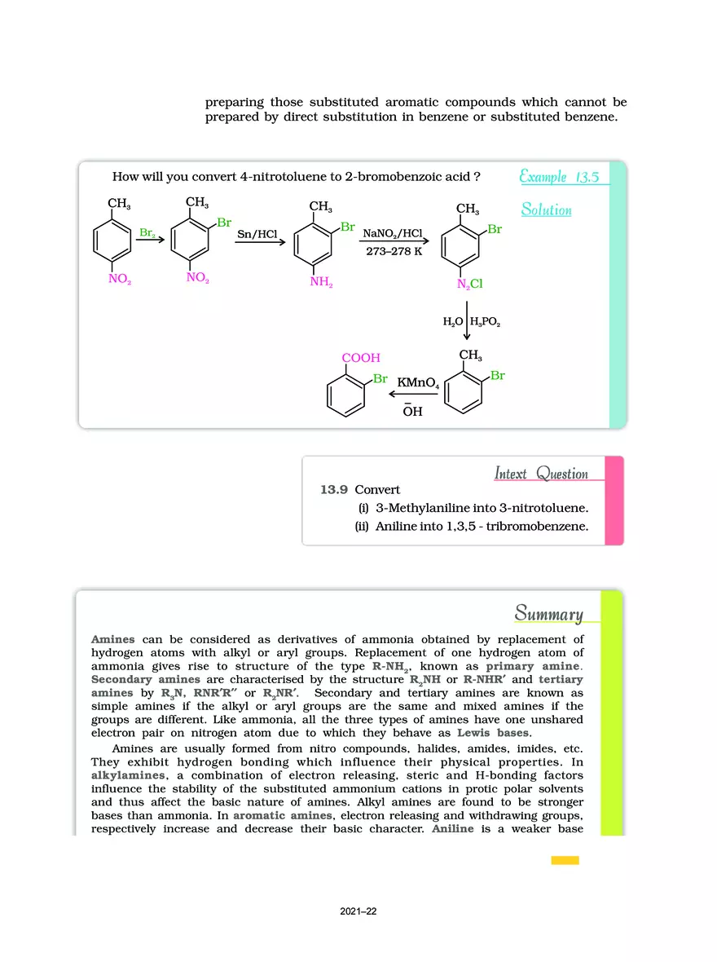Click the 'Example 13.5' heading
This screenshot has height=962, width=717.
(562, 177)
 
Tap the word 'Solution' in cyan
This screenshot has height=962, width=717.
(546, 210)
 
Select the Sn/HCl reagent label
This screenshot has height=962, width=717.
(257, 234)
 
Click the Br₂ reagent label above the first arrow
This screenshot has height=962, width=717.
(147, 233)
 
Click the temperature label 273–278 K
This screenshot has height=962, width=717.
(394, 251)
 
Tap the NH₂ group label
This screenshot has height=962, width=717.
(321, 283)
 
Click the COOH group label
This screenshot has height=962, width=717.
(361, 358)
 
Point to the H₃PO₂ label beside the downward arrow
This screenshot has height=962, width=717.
(486, 323)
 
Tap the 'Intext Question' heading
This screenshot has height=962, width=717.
(541, 474)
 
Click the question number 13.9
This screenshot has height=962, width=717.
(334, 490)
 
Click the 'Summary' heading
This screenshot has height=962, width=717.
(548, 614)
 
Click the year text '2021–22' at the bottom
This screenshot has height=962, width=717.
(358, 912)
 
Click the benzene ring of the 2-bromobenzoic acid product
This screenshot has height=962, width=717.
(346, 395)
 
